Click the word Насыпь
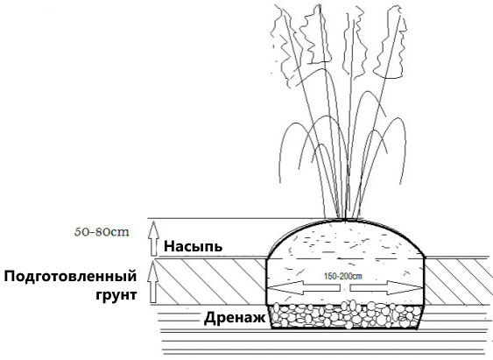[193, 246]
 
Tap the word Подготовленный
[70, 277]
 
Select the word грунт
[116, 295]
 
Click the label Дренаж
[235, 318]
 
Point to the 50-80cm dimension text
[102, 232]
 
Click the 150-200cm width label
[342, 277]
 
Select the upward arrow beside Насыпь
[153, 238]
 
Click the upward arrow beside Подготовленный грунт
[153, 282]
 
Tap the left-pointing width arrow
[304, 287]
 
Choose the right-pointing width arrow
[386, 287]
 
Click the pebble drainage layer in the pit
[345, 315]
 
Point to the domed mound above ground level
[346, 239]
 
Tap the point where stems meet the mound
[345, 218]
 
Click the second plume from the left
[315, 36]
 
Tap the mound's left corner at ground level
[267, 258]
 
